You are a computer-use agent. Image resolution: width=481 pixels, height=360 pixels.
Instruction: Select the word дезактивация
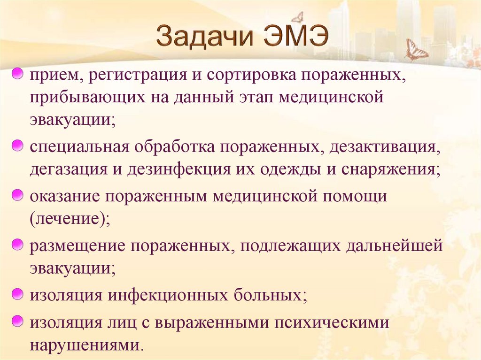(385, 147)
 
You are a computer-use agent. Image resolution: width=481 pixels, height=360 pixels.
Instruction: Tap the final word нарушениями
(85, 345)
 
